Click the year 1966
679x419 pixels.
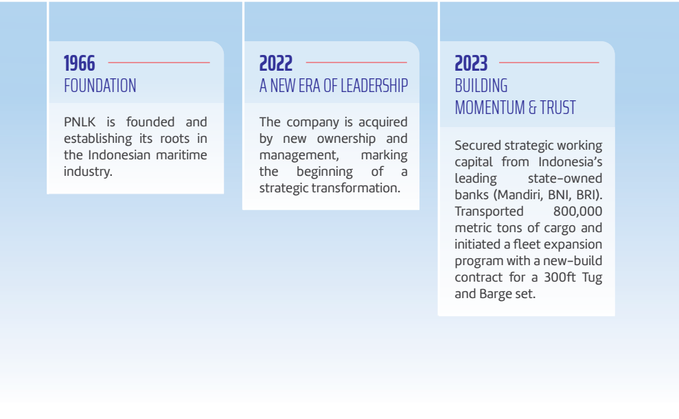[x=79, y=63]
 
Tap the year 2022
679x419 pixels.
[x=276, y=63]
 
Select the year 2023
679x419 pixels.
[x=471, y=63]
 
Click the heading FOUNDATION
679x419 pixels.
[x=100, y=86]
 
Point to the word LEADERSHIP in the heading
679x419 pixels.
[x=374, y=86]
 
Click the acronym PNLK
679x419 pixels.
[x=80, y=122]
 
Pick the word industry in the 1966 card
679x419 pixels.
[x=88, y=172]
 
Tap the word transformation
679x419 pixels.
[x=356, y=188]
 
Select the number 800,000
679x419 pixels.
[x=577, y=212]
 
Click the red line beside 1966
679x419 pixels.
[x=159, y=63]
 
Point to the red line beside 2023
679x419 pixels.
[x=549, y=63]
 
